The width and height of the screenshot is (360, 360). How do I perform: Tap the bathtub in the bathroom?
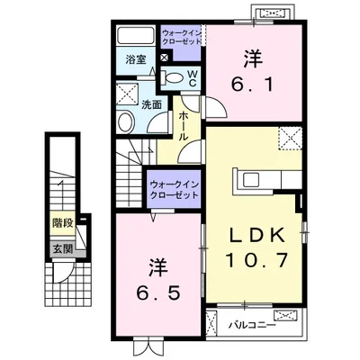[x=137, y=36]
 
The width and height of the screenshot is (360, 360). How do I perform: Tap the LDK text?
[x=256, y=234]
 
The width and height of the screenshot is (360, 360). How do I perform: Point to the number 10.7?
[x=256, y=264]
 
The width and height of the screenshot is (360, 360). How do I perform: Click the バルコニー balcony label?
[x=244, y=322]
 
